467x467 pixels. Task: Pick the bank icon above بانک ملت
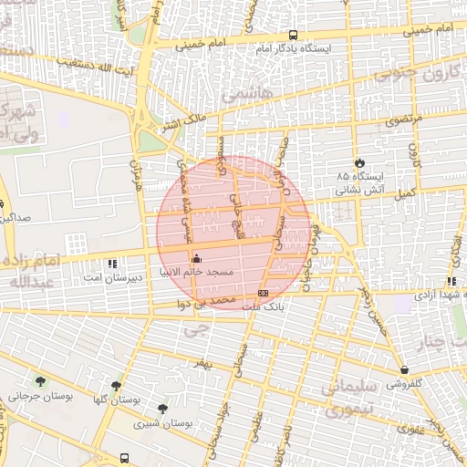coord(263,293)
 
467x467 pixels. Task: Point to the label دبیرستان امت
coord(106,275)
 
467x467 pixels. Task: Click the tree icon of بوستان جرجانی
coord(40,382)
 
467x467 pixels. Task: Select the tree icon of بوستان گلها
coord(115,386)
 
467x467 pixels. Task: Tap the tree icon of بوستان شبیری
coord(162,409)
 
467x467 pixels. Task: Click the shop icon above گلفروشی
coord(404,370)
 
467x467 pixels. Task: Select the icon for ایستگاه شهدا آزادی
coord(451,282)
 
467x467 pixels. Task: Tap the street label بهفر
coord(202,363)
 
